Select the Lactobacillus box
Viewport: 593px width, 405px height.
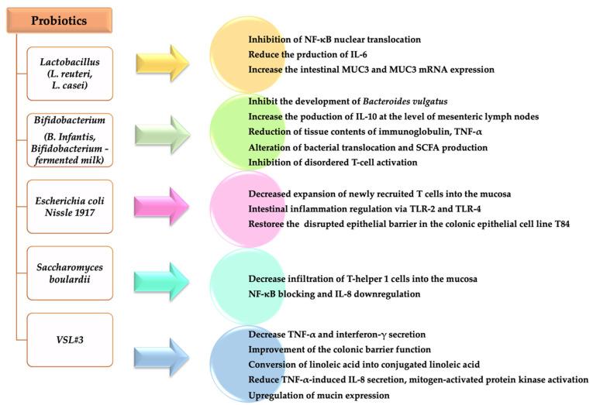click(69, 72)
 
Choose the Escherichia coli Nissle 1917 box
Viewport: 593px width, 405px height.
click(69, 205)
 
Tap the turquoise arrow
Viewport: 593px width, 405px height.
click(164, 269)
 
